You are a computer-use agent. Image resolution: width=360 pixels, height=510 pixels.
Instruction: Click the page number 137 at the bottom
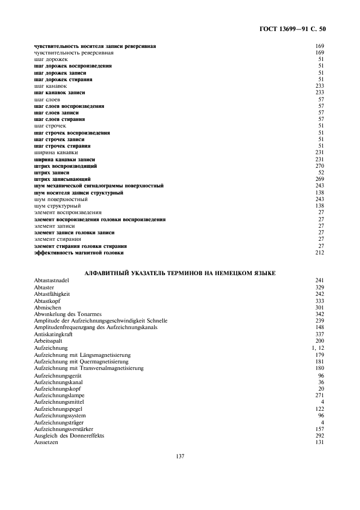coord(180,456)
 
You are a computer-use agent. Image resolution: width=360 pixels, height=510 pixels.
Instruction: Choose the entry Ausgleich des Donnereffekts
coord(69,435)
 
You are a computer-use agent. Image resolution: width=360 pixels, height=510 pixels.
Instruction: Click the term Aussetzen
coord(46,442)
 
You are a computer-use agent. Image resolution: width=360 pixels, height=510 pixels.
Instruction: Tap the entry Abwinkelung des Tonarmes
coord(68,314)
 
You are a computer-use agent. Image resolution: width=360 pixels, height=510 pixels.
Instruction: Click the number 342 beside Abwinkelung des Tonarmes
coord(320,314)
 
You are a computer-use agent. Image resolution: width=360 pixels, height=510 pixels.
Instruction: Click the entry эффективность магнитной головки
coord(79,253)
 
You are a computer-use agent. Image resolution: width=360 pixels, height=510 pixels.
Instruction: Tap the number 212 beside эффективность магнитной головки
coord(320,253)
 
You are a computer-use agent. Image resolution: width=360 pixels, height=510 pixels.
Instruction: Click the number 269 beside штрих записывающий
coord(320,179)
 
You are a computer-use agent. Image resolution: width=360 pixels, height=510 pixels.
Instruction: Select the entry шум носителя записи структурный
coord(78,192)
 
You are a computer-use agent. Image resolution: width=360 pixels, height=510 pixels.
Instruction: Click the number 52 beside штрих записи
coord(321,172)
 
